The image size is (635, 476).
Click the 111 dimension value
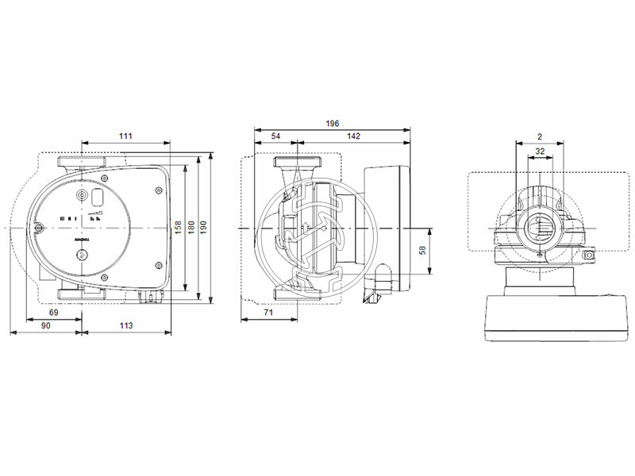[125, 136]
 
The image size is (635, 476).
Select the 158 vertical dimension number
[179, 227]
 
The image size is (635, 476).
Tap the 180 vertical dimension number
[190, 227]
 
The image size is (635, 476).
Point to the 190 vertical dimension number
[203, 227]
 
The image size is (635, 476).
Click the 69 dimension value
[54, 313]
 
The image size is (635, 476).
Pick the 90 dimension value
[45, 325]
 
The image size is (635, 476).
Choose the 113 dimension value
[125, 325]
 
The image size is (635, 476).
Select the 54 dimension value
[275, 136]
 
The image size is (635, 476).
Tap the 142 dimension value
[353, 136]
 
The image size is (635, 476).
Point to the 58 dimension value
[422, 249]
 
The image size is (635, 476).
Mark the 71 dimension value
[268, 314]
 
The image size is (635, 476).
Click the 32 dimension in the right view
[540, 151]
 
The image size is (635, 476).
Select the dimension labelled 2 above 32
[540, 136]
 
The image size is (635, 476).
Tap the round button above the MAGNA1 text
[83, 197]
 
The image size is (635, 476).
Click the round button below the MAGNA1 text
[83, 255]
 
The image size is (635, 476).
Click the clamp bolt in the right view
[589, 255]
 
